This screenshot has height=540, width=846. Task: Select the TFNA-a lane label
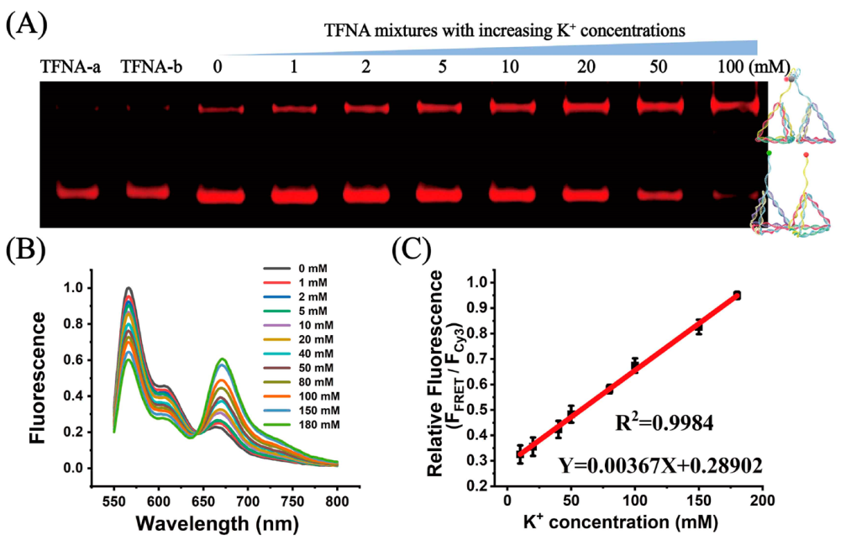70,66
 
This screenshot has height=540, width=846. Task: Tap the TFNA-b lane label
151,66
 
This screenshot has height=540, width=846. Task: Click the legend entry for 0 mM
295,268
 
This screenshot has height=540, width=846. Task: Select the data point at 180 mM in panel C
737,295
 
